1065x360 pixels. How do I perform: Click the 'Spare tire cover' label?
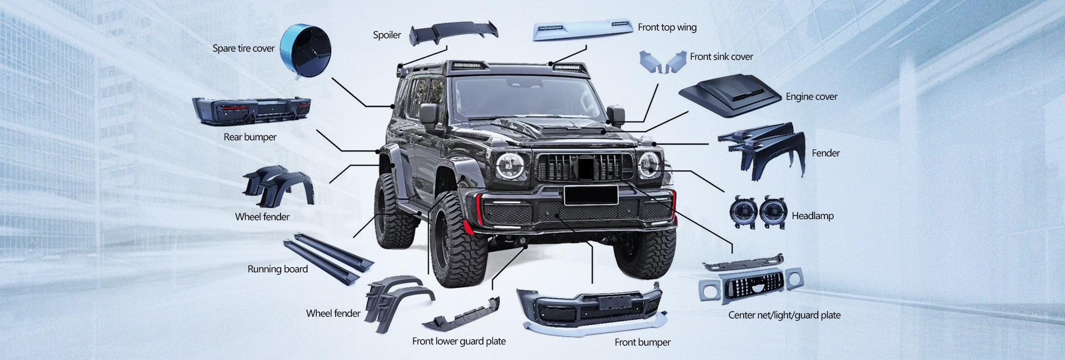coord(244,48)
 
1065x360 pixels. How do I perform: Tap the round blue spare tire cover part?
coord(305,45)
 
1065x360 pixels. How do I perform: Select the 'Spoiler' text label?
coord(387,35)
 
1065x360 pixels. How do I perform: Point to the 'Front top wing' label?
coord(667,27)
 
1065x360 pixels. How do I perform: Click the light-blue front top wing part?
coord(582,30)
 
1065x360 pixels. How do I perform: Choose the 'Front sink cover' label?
coord(721,57)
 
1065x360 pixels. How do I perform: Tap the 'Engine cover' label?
coord(811,97)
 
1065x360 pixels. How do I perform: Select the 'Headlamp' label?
coord(812,216)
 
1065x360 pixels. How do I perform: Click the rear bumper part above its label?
coord(251,110)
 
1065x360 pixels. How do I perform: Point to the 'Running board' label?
coord(277,269)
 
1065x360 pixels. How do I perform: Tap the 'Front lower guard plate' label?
coord(459,341)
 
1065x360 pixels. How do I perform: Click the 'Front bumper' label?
coord(642,342)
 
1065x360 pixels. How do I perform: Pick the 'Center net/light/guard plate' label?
coord(784,315)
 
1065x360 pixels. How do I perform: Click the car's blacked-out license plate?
coord(591,195)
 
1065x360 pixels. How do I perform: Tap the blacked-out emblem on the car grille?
coord(586,167)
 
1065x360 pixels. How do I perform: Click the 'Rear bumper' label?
coord(250,137)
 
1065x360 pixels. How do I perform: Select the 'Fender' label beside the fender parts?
coord(825,153)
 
